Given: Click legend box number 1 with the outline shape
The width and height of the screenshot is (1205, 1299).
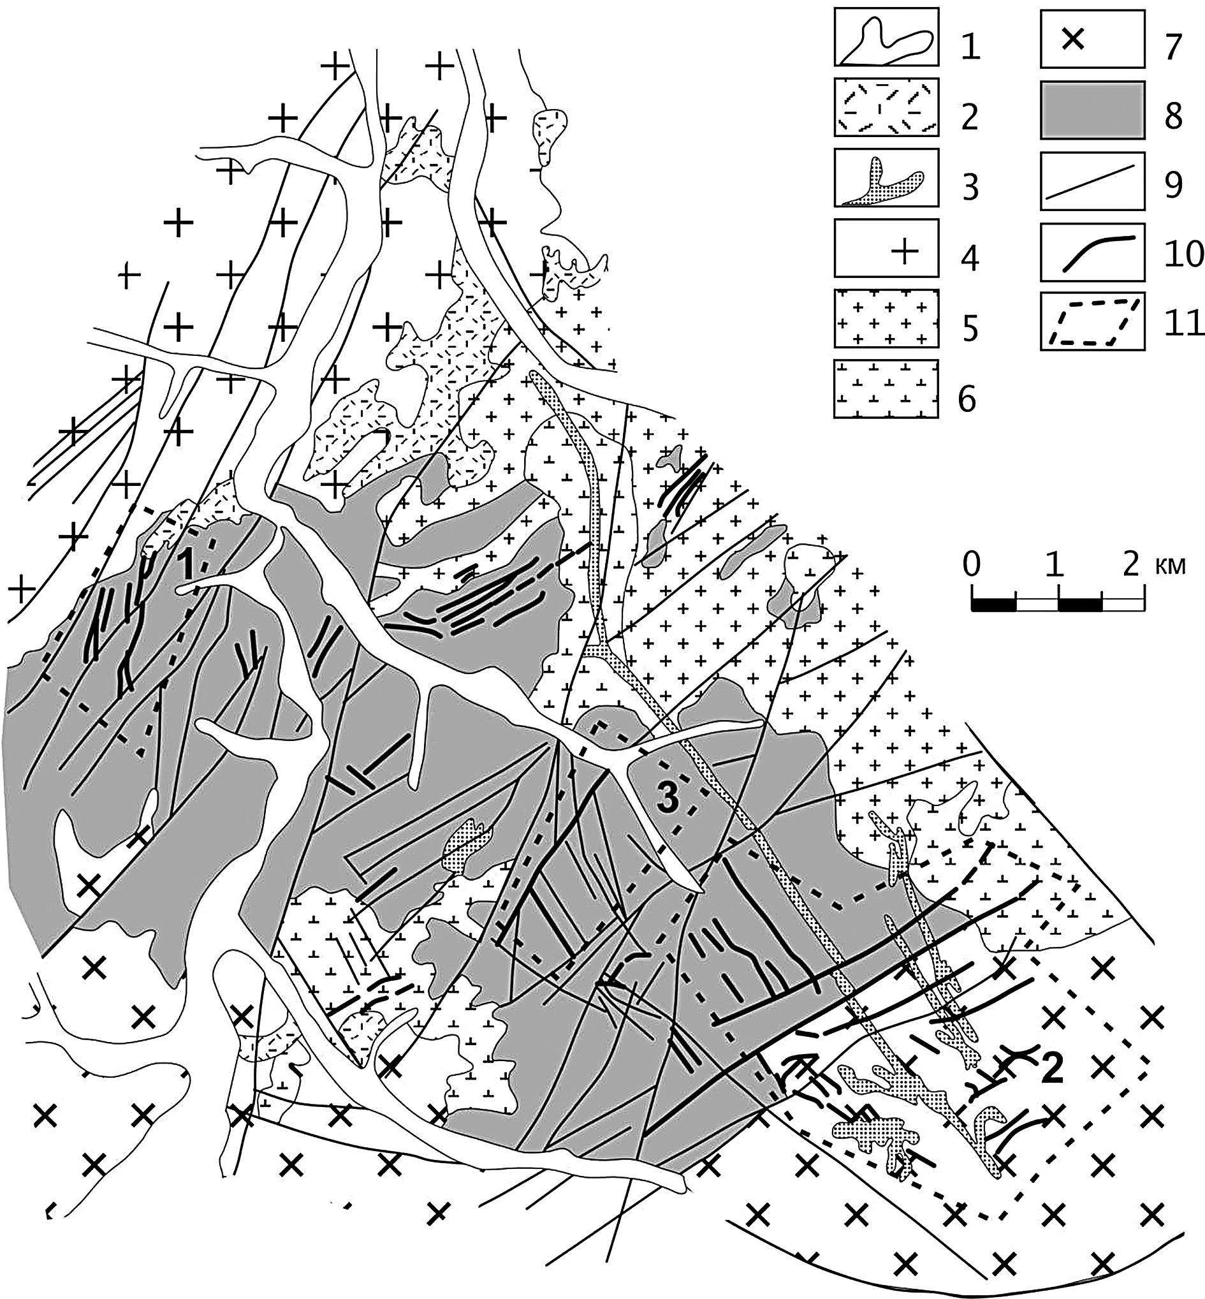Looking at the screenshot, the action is tap(886, 37).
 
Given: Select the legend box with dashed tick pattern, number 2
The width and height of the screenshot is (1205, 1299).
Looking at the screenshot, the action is tap(886, 108).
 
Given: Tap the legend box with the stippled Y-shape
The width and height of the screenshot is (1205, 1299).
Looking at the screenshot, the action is tap(886, 178).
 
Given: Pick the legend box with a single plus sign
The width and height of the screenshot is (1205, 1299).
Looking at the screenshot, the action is tap(886, 248).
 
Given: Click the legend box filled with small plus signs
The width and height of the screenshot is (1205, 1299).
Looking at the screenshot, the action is tap(886, 319).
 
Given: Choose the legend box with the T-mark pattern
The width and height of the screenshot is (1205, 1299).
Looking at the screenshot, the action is tap(886, 388).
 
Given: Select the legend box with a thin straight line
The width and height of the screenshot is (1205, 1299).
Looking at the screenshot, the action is tap(1092, 180).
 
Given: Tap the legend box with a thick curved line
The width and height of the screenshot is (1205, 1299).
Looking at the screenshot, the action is tap(1092, 252).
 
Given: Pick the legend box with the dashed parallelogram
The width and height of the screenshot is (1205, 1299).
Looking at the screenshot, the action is tap(1092, 322).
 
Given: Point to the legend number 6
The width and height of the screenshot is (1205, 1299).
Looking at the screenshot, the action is tap(970, 399).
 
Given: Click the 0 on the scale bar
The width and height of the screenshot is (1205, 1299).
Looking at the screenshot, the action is tap(972, 564).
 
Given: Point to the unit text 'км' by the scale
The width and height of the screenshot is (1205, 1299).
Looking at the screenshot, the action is tap(1171, 566).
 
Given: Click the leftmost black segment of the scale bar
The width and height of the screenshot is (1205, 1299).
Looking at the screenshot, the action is tap(993, 606).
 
